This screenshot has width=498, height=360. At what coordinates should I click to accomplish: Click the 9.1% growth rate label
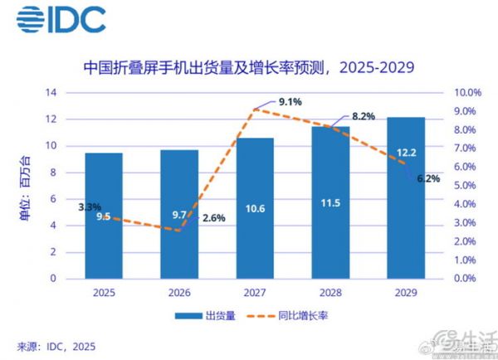pos(290,102)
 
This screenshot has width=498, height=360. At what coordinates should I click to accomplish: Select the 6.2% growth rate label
pos(427,178)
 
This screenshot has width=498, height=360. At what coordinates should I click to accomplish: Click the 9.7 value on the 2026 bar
pos(179,215)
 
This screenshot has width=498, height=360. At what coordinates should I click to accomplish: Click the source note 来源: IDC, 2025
pos(56,344)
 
